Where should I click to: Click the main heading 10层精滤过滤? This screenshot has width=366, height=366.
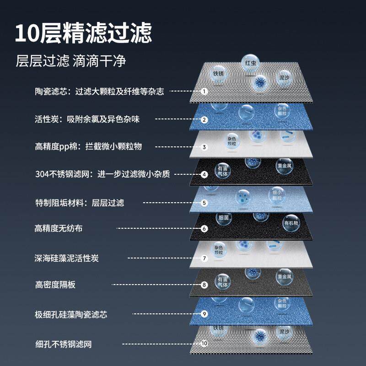point(83,33)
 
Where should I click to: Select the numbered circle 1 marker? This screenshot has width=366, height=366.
point(205,91)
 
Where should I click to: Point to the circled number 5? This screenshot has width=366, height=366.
point(205,202)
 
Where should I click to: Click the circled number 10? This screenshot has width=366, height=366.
point(204,343)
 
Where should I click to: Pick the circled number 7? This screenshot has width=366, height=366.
point(205,258)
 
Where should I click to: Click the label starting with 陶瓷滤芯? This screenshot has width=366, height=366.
point(99,91)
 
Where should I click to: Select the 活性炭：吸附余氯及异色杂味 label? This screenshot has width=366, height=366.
point(87,119)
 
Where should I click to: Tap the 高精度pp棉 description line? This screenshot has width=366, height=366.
point(88,146)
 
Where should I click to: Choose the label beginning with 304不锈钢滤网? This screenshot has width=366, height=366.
point(102,174)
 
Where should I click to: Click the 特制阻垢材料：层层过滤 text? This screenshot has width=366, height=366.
point(80,202)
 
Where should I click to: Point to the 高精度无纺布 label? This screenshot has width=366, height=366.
point(59,228)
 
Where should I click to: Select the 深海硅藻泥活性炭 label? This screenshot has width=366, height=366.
point(66,258)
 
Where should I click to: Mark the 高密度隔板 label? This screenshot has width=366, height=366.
point(55,285)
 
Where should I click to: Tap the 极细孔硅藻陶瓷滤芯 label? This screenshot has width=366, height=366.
point(71,314)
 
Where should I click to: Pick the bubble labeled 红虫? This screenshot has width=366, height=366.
point(250,63)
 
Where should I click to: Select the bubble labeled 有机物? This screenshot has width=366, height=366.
point(291,223)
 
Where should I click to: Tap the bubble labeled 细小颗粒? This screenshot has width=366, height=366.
point(277,195)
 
